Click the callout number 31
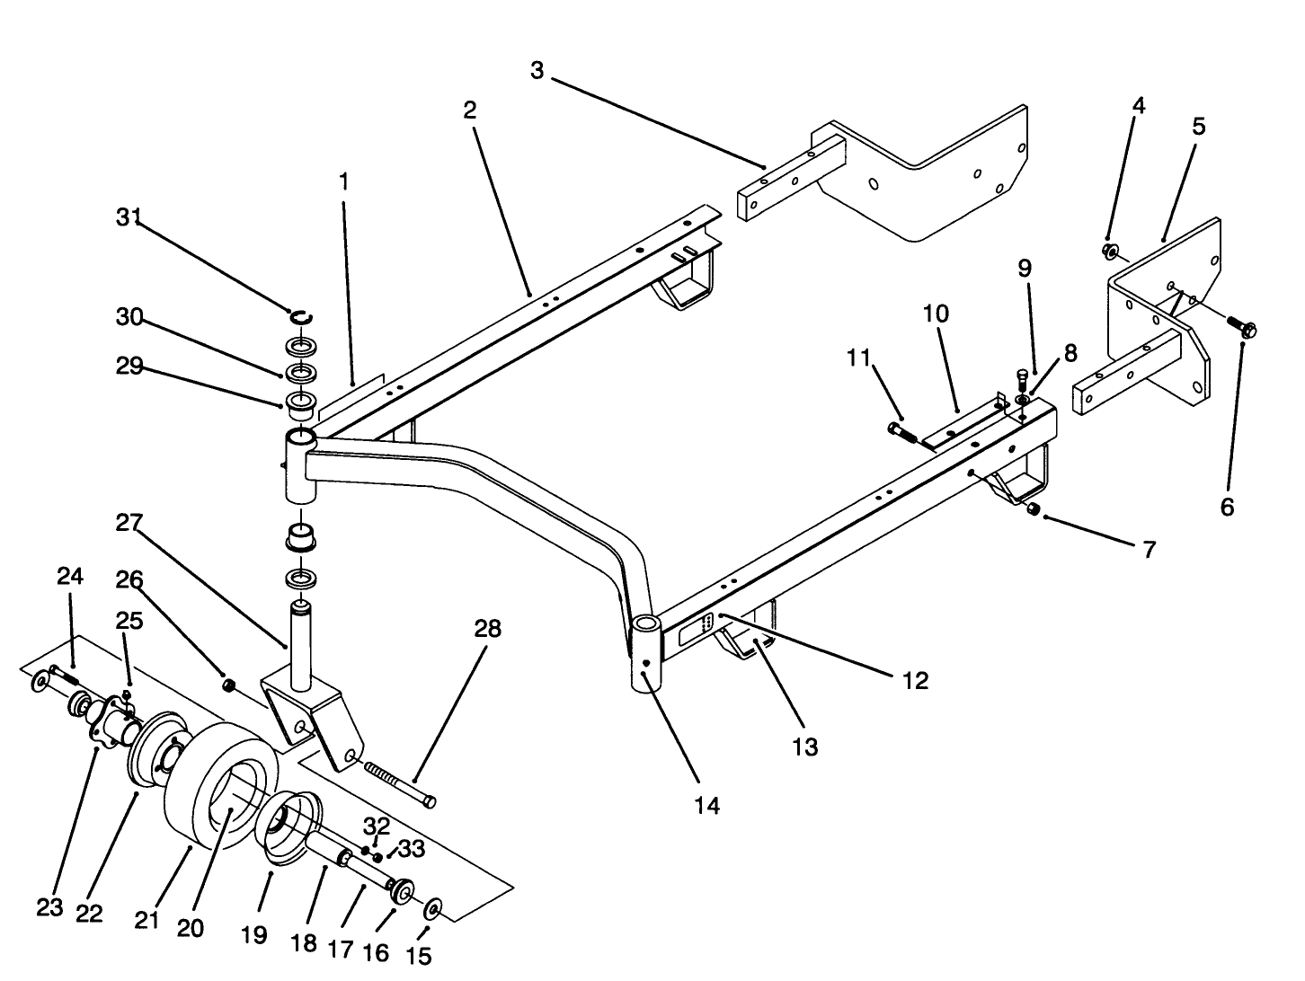click(x=129, y=217)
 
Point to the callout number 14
click(x=706, y=806)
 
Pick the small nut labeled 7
click(x=1033, y=509)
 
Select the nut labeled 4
click(x=1109, y=251)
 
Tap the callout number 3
click(x=537, y=70)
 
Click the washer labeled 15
click(x=431, y=910)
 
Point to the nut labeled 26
click(x=228, y=686)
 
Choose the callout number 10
click(x=935, y=314)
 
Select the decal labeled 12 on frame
click(x=696, y=630)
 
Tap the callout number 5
click(x=1198, y=127)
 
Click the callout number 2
click(x=469, y=110)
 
